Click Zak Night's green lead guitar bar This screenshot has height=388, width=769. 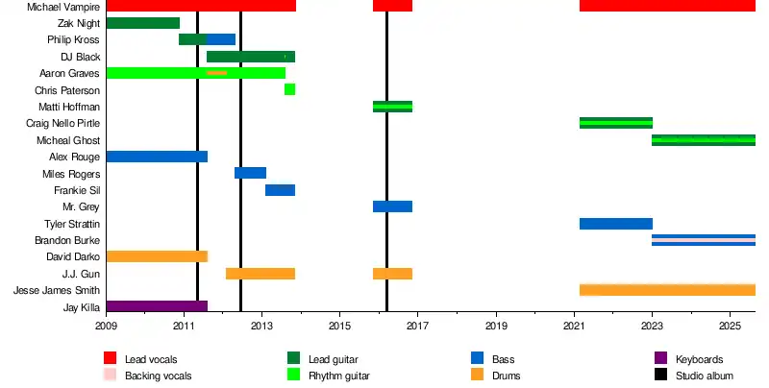point(142,23)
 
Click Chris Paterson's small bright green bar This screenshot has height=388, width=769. point(289,89)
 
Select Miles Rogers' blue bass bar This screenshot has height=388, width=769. point(250,173)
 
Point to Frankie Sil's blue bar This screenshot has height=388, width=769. point(280,190)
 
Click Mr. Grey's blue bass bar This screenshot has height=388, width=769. point(392,206)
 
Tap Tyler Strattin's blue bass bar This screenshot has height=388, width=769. point(615,224)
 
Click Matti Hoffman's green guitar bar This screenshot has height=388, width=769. point(392,107)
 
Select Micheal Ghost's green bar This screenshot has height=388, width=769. point(703,140)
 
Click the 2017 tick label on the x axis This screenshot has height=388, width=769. point(417,327)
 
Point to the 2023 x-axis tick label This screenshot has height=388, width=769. point(652,327)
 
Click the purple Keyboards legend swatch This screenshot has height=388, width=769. point(660,359)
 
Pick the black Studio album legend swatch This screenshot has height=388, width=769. point(660,376)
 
